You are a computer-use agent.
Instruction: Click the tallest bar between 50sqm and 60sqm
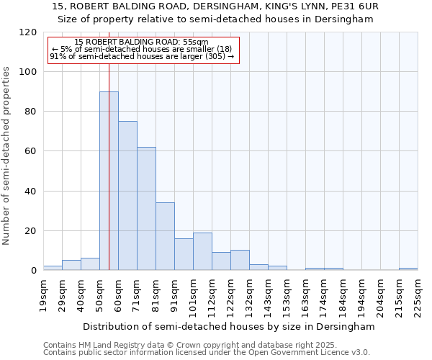(x=109, y=180)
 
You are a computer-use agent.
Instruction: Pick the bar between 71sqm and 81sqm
(x=146, y=209)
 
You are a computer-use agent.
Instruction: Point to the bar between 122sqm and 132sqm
(x=240, y=260)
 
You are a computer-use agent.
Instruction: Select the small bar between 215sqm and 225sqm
(x=408, y=269)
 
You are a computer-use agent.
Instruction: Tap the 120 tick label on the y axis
(x=28, y=32)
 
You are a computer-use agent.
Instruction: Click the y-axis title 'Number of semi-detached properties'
(x=6, y=151)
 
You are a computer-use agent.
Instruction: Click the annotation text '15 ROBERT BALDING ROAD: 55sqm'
(x=141, y=42)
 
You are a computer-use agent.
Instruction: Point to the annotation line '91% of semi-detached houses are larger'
(x=141, y=57)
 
